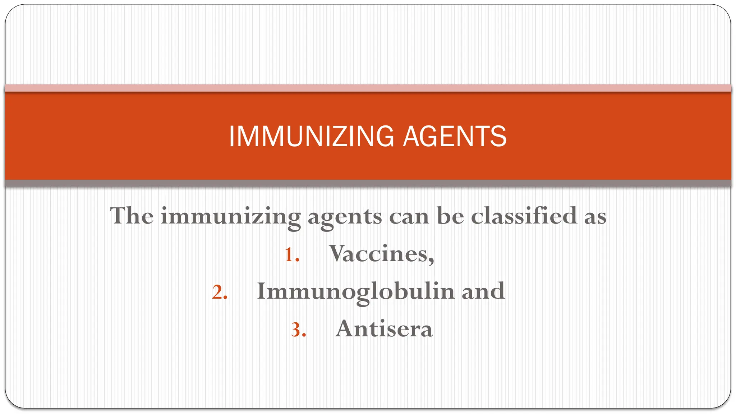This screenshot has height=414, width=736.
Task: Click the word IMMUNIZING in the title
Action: [312, 137]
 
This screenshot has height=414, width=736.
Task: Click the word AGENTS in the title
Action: [455, 137]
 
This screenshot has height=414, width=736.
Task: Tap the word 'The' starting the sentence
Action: [132, 216]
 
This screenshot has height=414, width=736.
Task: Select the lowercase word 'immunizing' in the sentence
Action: [230, 217]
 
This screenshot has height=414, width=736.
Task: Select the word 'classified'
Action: [524, 216]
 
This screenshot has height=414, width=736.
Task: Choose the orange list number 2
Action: [219, 292]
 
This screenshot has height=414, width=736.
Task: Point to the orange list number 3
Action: [298, 330]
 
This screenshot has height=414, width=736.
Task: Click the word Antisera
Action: [384, 328]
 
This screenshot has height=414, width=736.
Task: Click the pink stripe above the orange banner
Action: [368, 88]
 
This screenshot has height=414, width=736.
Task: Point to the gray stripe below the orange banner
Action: [368, 183]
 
